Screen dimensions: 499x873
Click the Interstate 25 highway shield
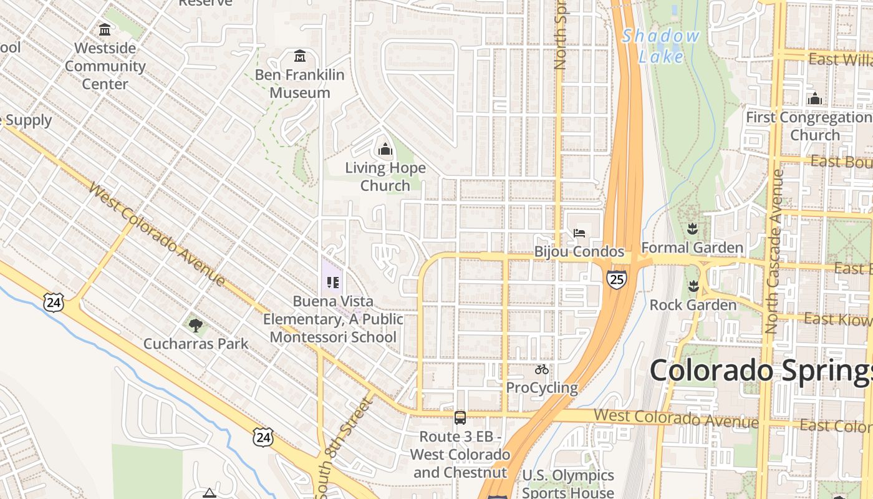616,279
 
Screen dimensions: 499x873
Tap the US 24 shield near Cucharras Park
54,303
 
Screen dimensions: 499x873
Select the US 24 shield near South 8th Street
263,437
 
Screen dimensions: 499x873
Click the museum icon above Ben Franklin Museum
300,57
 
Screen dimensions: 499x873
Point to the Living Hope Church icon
385,150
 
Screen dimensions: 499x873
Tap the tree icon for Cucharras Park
195,325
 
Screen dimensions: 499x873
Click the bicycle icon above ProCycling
541,369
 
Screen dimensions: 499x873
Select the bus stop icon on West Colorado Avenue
460,418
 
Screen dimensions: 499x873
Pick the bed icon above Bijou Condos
579,233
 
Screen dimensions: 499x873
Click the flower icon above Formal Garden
692,229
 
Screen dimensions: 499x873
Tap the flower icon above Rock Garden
692,286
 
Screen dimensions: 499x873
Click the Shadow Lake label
661,46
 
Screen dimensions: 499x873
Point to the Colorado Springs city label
761,371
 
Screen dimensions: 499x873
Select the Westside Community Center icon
105,29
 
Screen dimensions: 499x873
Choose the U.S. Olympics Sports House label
567,483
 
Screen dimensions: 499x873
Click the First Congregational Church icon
814,99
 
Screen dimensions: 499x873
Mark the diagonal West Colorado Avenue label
156,233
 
